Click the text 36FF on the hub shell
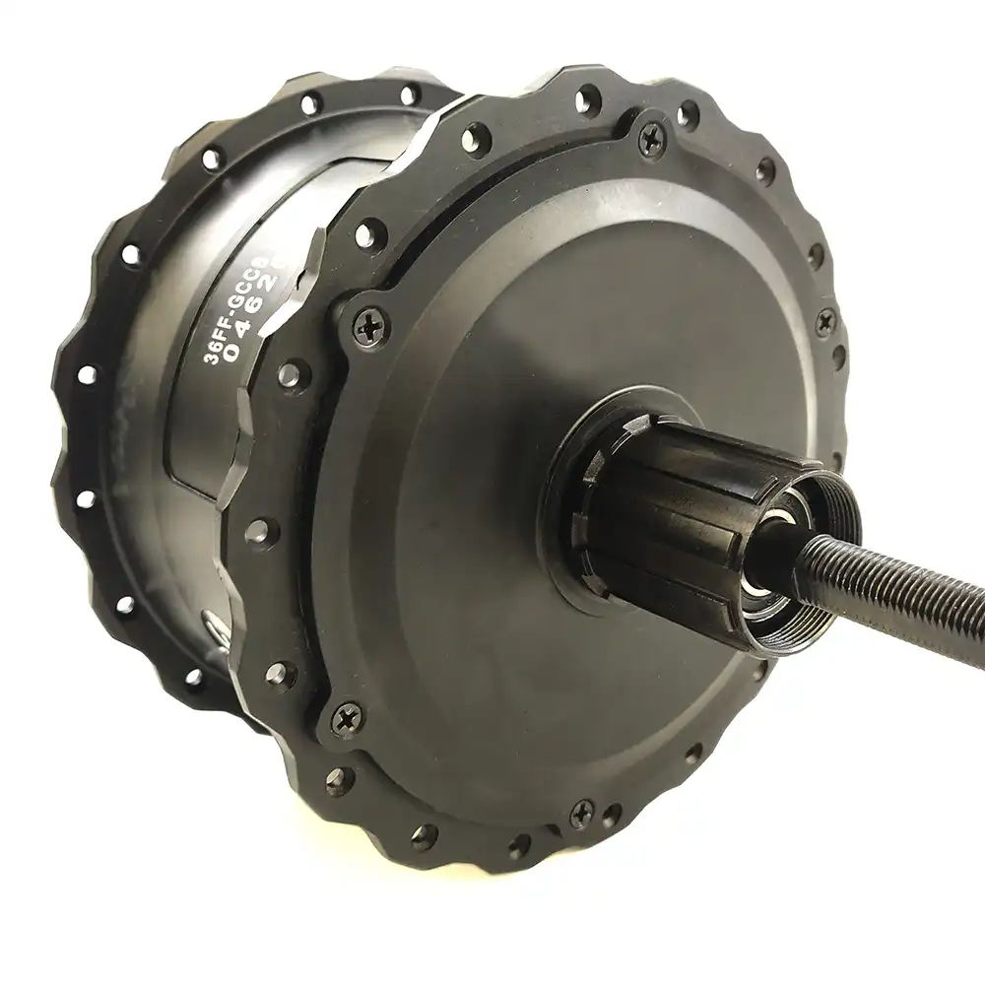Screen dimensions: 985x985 216,344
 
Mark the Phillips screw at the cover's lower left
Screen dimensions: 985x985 347,719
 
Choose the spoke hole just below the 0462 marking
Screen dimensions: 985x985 290,374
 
